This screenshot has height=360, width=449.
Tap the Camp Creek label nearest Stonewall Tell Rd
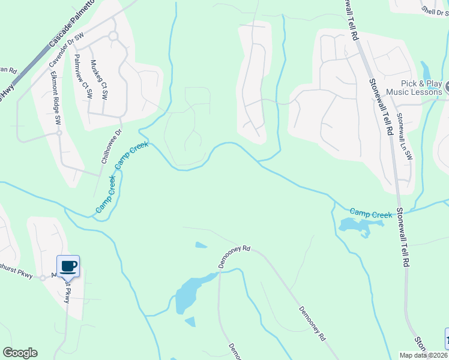[x=370, y=213]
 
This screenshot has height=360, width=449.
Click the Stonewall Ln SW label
[x=406, y=137]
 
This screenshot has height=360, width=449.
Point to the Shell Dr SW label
[x=435, y=10]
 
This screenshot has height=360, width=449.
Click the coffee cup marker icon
[x=68, y=265]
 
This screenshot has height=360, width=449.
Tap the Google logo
[x=20, y=353]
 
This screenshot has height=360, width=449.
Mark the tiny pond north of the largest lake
[x=201, y=245]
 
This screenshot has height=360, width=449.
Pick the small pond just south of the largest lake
[x=190, y=322]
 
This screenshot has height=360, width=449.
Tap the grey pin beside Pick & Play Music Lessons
[x=447, y=89]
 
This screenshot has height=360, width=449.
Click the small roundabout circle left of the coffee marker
[x=43, y=278]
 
